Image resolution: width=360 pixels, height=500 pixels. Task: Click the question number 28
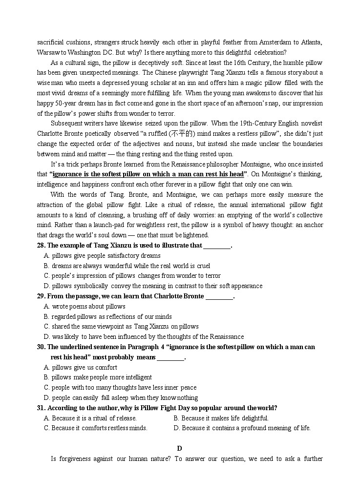(x=41, y=246)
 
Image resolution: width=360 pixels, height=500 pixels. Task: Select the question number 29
(x=41, y=296)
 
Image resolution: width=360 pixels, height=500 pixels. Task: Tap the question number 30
(x=41, y=347)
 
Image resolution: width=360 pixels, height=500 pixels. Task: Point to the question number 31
(x=41, y=408)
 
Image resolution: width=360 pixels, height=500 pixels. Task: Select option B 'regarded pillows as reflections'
(x=108, y=317)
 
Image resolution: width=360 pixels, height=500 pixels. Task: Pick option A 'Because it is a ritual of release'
(x=90, y=418)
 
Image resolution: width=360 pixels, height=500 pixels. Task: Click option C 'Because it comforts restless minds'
(x=96, y=428)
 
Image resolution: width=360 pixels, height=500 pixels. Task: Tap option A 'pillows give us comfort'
(x=81, y=368)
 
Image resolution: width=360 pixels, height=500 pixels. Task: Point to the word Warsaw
(x=48, y=53)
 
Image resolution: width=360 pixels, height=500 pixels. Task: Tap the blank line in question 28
(x=216, y=246)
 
